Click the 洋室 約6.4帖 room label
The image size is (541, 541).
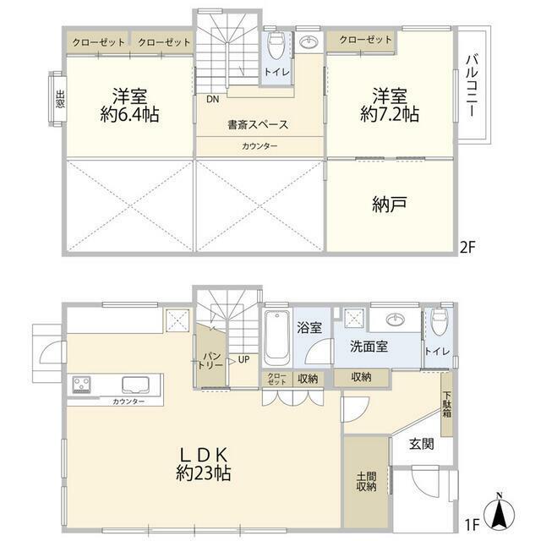pyautogui.click(x=129, y=105)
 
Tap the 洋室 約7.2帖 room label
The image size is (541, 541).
pyautogui.click(x=390, y=105)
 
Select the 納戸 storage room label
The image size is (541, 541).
pyautogui.click(x=390, y=205)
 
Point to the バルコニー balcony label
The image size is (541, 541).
pyautogui.click(x=472, y=85)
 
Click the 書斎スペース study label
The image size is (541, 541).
pyautogui.click(x=258, y=124)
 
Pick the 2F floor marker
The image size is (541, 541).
pyautogui.click(x=467, y=247)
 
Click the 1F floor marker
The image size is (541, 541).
pyautogui.click(x=473, y=525)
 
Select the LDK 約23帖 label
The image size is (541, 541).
pyautogui.click(x=204, y=464)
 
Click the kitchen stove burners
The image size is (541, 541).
pyautogui.click(x=82, y=385)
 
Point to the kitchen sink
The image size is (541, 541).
pyautogui.click(x=135, y=385)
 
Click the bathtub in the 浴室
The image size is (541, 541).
pyautogui.click(x=276, y=338)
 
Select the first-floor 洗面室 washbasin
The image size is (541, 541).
pyautogui.click(x=396, y=320)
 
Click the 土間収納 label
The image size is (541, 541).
pyautogui.click(x=366, y=482)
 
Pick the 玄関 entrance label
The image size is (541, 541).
pyautogui.click(x=422, y=444)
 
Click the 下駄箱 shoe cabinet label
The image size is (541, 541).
pyautogui.click(x=447, y=404)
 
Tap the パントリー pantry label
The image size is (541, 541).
pyautogui.click(x=210, y=361)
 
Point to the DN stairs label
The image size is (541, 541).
pyautogui.click(x=212, y=100)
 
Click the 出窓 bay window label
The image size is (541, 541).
pyautogui.click(x=60, y=99)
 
